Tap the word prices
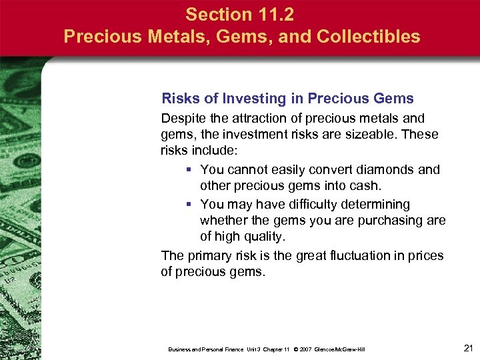tap(427, 255)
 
